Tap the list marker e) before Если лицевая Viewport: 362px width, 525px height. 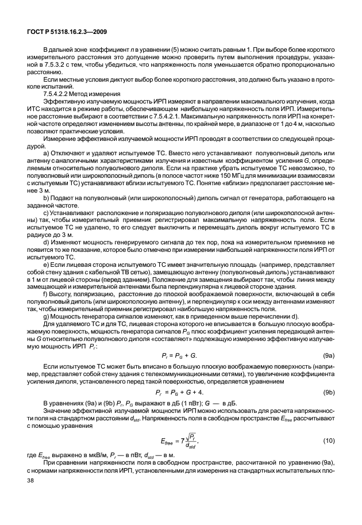pos(47,265)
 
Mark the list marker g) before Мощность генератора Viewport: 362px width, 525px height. pos(47,318)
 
